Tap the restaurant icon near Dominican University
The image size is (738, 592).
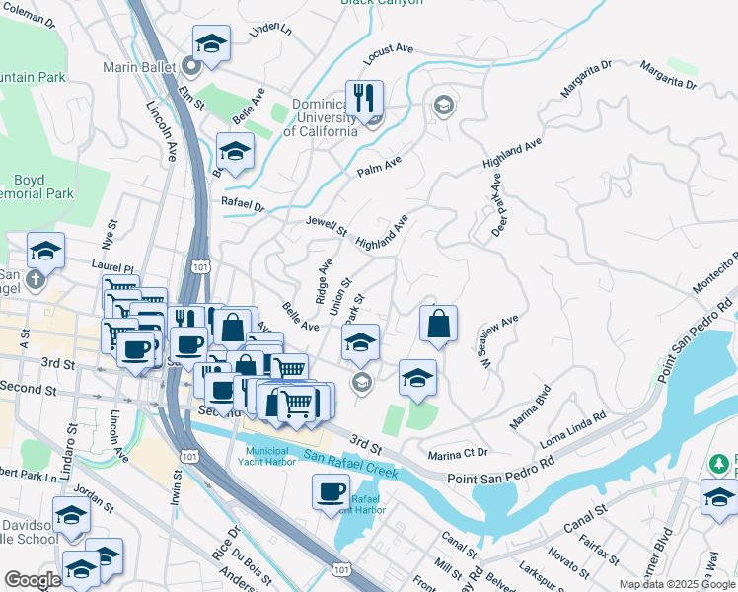click(364, 100)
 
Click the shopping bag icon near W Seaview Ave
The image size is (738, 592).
click(438, 324)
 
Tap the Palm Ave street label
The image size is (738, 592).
click(380, 171)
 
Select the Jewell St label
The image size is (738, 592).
click(327, 227)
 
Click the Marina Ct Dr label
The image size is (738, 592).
click(459, 455)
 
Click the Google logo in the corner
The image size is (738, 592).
click(32, 580)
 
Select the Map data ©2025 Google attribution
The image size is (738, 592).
click(677, 584)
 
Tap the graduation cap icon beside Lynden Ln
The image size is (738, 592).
click(210, 43)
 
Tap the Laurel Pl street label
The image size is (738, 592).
click(111, 266)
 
